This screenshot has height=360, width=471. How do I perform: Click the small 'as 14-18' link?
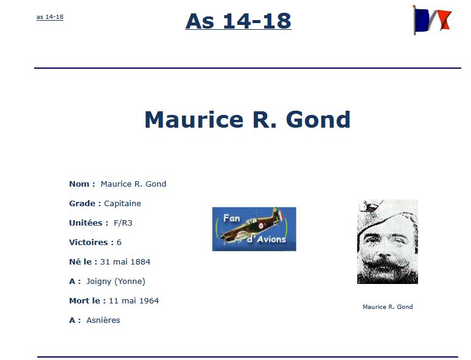coord(50,17)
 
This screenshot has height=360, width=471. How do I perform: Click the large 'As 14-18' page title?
coord(238,21)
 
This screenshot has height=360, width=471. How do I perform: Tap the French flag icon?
coord(432,20)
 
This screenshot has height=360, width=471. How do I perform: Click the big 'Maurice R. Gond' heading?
coord(248,120)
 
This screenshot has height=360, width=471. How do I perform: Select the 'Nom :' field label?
coord(82,184)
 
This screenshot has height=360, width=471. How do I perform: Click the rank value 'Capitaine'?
coord(122,204)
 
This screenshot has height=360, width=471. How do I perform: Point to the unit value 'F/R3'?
coord(123,223)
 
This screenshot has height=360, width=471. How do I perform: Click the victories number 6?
coord(119,243)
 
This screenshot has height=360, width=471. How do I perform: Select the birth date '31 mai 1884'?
coord(125,262)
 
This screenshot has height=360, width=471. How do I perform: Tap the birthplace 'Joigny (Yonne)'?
coord(116,282)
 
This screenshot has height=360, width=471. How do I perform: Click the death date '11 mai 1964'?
coord(134,301)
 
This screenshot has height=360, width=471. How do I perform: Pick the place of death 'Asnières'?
coord(103,320)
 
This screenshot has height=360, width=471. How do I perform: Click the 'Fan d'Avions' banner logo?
coord(254,229)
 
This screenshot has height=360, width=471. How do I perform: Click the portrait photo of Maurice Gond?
coord(388,241)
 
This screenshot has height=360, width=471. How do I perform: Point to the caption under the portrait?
coord(388,307)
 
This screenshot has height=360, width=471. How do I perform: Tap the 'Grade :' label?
coord(85,204)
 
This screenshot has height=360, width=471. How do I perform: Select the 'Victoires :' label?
coord(91,243)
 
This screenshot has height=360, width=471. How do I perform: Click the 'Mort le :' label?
coord(88,301)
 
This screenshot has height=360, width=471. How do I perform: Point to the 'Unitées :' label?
coord(89,223)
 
